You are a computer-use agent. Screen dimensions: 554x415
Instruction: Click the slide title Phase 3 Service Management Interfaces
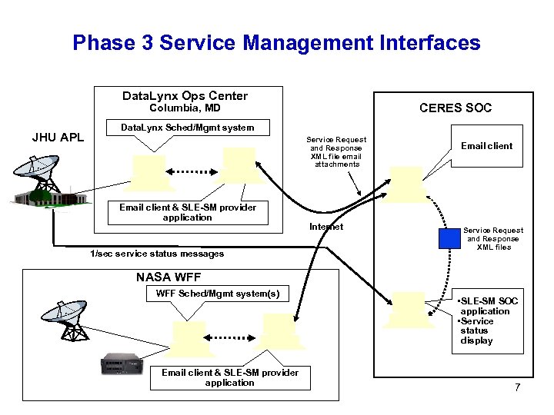276,43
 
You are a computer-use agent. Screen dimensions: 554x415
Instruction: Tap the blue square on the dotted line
449,238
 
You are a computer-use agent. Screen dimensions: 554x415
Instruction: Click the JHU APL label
58,137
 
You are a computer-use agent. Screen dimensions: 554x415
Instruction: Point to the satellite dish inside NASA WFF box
65,320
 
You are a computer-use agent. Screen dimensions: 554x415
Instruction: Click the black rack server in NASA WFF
122,364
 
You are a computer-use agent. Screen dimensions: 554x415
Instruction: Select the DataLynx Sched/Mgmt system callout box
188,128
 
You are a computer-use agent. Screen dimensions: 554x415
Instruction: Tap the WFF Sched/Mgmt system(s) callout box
218,294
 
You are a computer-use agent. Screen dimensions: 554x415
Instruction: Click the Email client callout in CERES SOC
487,146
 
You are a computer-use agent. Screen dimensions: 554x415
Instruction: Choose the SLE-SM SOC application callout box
488,321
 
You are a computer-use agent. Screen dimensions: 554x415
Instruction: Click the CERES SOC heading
456,108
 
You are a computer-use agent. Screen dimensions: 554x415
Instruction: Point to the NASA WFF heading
169,277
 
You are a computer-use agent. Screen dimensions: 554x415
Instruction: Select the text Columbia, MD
185,108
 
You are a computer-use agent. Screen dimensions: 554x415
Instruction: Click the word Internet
326,227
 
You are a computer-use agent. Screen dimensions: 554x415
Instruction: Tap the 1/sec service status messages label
157,254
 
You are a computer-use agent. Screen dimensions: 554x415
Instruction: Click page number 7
518,387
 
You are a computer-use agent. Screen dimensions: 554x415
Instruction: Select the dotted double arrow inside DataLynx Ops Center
192,172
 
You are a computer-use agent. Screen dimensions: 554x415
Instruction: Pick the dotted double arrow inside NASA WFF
229,337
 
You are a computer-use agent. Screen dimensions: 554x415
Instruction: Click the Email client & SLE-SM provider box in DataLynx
188,212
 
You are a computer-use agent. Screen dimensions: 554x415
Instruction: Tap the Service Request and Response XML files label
493,238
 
